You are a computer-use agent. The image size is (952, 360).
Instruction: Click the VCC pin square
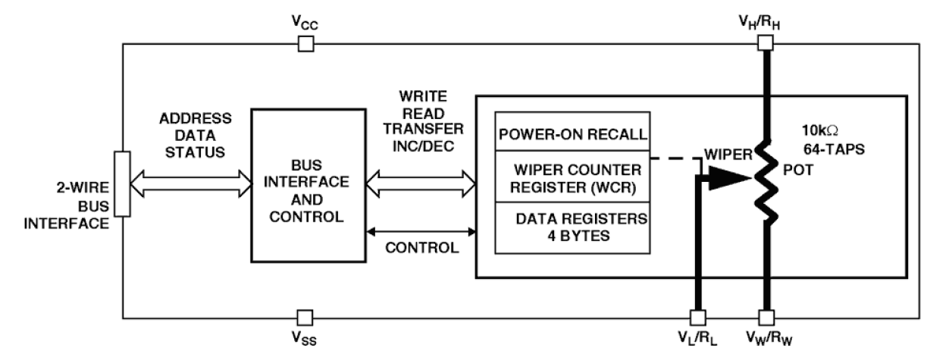point(305,45)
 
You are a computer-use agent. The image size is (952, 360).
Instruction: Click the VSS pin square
point(305,316)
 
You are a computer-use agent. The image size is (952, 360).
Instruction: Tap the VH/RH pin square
point(766,45)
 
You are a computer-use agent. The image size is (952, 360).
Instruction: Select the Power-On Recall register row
point(572,134)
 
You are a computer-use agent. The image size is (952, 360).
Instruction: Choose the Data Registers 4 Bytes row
point(572,227)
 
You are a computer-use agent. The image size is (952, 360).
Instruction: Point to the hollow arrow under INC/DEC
point(421,181)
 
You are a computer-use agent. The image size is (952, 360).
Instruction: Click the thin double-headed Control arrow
point(421,230)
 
